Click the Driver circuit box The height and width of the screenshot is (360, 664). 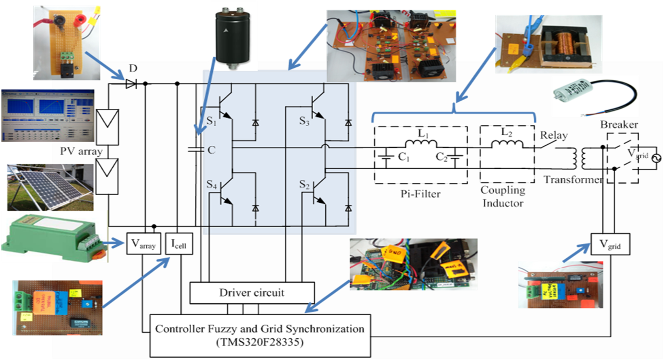pos(252,293)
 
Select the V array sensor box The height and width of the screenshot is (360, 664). pos(144,244)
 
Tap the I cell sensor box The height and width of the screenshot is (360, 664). pos(179,244)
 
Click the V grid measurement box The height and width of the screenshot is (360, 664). pos(610,244)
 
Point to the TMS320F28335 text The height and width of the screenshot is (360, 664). pos(260,342)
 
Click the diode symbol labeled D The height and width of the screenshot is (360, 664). pos(131,83)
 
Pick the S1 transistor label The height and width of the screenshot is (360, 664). pos(211,121)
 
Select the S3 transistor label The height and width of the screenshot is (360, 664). pos(304,121)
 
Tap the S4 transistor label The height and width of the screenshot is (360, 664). pos(211,184)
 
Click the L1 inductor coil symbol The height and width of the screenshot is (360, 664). pos(421,143)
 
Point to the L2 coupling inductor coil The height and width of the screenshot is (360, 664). pos(507,144)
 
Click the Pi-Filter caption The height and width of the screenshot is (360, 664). pos(420,194)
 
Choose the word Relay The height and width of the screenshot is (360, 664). pos(553,135)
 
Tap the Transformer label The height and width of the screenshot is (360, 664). pos(573,180)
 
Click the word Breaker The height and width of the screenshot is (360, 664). pos(619,124)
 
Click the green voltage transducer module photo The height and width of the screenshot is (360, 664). pos(52,237)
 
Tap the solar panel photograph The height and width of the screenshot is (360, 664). pos(50,187)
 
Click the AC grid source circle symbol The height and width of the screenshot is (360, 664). pos(656,158)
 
